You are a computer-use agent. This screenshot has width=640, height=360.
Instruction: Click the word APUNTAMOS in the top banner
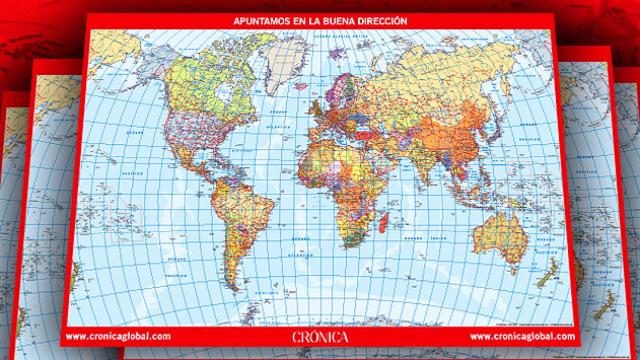coord(256,20)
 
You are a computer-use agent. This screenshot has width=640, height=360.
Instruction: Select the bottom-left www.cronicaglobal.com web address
coord(126,336)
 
